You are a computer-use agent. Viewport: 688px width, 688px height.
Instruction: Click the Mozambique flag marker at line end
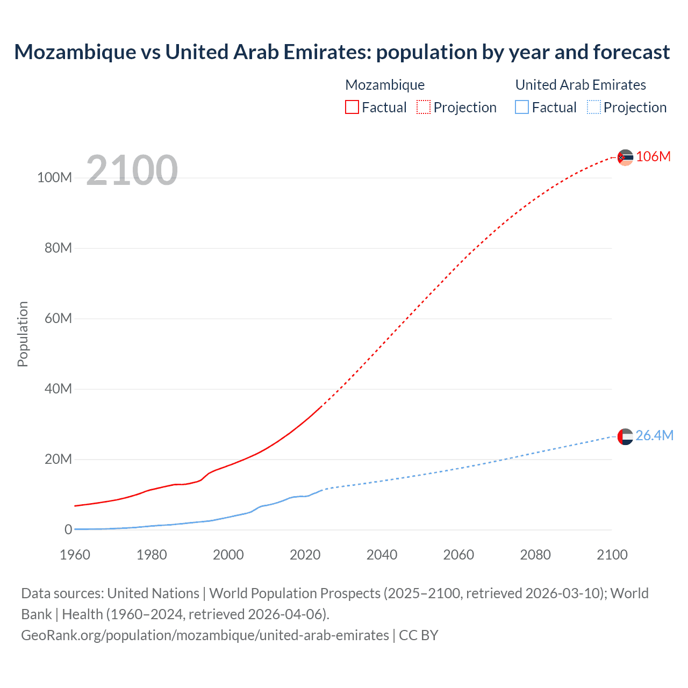coord(625,157)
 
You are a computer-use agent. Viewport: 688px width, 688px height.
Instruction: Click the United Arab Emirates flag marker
coord(625,436)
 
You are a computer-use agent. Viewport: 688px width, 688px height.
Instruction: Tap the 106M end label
coord(653,156)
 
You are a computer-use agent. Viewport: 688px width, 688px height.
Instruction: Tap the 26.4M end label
coord(654,435)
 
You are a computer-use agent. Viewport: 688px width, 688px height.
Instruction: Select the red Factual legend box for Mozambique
coord(352,107)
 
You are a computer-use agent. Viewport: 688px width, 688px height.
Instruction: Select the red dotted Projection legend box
coord(424,107)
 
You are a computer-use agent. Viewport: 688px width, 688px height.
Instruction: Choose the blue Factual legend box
coord(522,107)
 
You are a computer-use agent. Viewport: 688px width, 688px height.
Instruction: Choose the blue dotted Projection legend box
coord(594,107)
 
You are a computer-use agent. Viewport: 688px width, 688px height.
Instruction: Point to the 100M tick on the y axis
coord(54,178)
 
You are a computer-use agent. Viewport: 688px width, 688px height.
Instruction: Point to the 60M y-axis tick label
coord(58,318)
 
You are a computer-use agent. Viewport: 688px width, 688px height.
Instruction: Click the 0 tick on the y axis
coord(68,529)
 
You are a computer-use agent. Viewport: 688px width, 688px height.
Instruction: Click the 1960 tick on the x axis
coord(75,555)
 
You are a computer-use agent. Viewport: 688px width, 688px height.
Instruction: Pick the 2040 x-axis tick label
coord(382,555)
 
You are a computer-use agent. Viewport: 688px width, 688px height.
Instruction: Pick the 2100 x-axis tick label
coord(612,555)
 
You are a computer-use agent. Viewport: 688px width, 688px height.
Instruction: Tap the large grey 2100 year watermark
coord(132,170)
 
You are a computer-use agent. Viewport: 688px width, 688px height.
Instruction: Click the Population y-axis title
coord(23,334)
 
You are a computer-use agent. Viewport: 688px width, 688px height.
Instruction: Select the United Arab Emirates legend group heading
coord(580,85)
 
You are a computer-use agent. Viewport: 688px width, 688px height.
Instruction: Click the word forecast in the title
coord(631,52)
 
